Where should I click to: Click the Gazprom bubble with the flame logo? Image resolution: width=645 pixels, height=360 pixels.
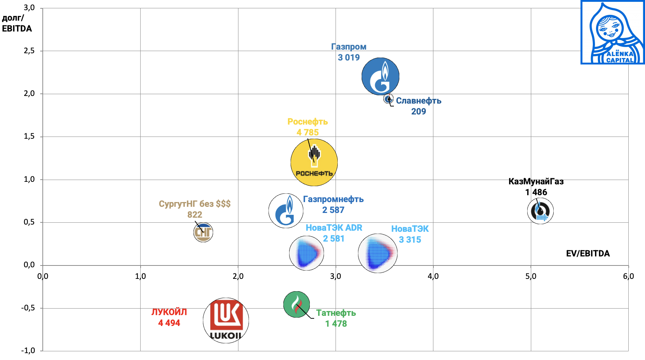point(380,76)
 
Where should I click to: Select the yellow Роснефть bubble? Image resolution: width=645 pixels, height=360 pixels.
point(314,162)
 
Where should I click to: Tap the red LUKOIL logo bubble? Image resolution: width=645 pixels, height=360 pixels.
point(226,321)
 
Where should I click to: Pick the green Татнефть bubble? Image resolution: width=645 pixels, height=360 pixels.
point(296,304)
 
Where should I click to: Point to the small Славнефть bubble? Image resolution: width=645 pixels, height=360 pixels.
point(388,99)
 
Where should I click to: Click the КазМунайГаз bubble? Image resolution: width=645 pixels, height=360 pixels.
point(540,211)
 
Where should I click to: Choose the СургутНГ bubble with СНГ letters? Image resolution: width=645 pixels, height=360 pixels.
point(203,232)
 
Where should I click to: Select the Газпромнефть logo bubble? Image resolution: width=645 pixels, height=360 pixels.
point(286,211)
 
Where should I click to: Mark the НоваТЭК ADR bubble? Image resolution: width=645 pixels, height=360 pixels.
point(307,253)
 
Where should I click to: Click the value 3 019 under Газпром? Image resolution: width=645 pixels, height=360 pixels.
point(349,58)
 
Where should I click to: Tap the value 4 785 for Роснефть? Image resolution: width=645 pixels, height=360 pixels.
point(308,133)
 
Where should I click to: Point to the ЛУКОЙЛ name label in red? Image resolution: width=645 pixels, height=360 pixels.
point(169,312)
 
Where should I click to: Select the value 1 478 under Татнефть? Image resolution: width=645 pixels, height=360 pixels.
point(336,324)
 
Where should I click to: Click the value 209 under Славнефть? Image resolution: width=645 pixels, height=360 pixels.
point(419,112)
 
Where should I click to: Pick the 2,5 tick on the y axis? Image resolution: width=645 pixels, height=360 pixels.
point(29,51)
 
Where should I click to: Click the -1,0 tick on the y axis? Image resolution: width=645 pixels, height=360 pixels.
point(28,351)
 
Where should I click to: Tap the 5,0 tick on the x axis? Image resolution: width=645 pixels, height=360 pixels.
point(530,276)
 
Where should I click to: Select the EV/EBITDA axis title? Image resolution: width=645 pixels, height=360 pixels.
point(588,254)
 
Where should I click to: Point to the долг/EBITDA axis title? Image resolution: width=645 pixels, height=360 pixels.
point(17,23)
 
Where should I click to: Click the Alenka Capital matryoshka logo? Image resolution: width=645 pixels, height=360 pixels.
point(613,32)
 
